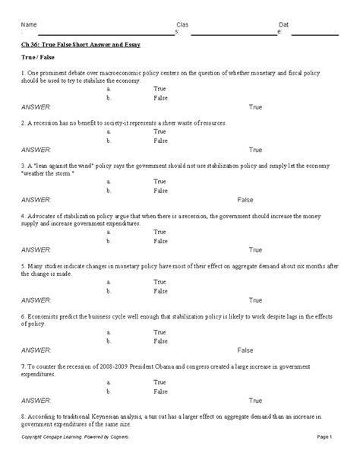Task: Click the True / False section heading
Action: click(39, 58)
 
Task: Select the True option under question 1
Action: click(159, 90)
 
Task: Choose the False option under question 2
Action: click(160, 141)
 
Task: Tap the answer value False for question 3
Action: click(245, 200)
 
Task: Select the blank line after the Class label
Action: click(234, 33)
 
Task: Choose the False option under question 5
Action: click(160, 291)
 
